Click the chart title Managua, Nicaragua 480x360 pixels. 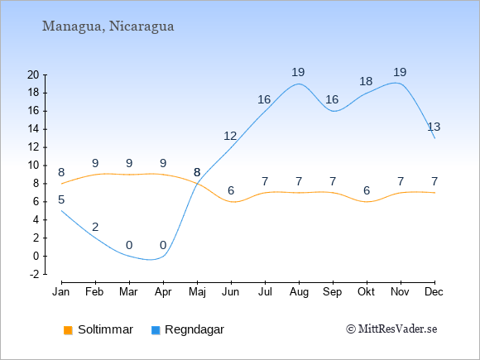[x=108, y=26]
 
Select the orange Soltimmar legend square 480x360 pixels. [x=68, y=330]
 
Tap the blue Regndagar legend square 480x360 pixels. [x=156, y=330]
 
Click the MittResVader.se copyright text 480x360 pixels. [x=391, y=329]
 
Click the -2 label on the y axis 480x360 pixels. [x=35, y=274]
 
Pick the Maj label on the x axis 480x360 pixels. [x=197, y=292]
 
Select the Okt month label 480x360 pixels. [x=366, y=292]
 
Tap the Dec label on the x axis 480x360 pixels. [x=434, y=292]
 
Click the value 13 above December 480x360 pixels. [x=434, y=127]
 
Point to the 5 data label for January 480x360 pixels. [x=61, y=200]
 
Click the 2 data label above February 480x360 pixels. [x=95, y=227]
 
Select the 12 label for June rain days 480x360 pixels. [x=230, y=136]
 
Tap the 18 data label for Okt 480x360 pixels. [x=366, y=81]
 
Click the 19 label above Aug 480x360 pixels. [x=298, y=73]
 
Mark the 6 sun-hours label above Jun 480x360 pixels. [x=231, y=190]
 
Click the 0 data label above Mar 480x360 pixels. [x=129, y=245]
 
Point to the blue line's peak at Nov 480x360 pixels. [x=396, y=83]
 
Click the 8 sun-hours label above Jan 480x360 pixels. [x=61, y=173]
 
